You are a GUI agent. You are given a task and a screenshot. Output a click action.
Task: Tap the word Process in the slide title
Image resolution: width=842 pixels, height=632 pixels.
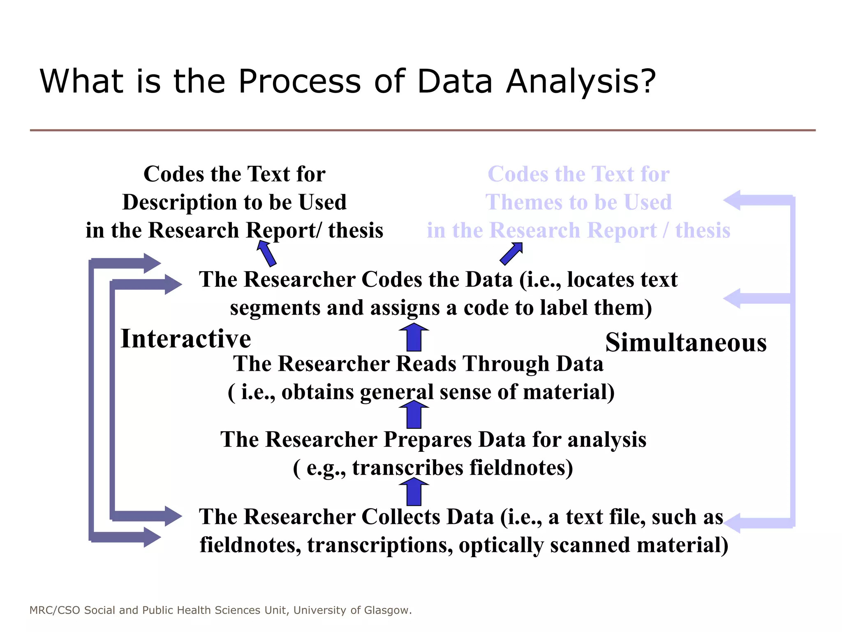[300, 81]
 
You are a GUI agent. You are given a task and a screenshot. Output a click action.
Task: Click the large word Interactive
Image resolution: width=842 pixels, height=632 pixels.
[186, 339]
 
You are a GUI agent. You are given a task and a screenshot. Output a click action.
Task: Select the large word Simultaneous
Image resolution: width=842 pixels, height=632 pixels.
[686, 342]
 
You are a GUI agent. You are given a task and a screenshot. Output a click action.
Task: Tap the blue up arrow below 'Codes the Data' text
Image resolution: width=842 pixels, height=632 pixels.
[414, 337]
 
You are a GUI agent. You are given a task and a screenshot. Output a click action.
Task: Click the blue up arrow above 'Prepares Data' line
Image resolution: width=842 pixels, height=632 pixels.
[414, 415]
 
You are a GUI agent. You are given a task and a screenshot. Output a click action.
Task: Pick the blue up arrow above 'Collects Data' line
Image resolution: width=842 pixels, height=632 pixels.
[414, 492]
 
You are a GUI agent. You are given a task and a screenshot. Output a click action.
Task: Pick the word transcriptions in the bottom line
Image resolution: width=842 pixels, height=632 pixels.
[380, 545]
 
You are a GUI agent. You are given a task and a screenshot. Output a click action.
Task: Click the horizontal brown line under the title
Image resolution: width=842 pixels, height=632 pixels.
[423, 130]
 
